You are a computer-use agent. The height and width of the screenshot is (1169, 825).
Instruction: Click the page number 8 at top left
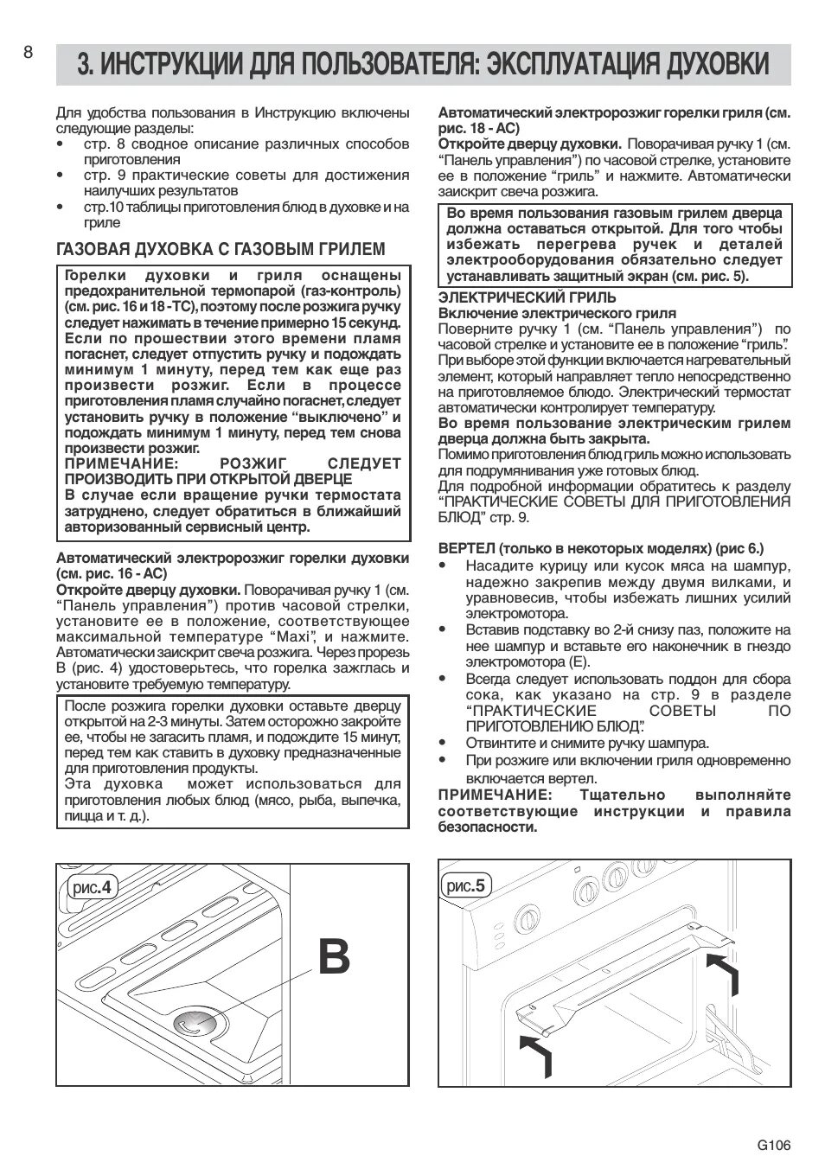[28, 53]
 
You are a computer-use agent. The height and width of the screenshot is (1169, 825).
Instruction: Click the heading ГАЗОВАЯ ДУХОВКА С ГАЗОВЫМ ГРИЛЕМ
[221, 250]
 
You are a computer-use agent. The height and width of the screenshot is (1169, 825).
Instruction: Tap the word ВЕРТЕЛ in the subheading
[466, 548]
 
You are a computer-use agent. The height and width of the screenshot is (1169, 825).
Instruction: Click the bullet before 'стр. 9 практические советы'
[60, 176]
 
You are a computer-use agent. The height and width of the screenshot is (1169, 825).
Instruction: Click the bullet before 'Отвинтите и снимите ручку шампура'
[443, 743]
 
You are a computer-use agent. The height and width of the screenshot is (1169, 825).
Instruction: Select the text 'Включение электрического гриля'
[557, 313]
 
